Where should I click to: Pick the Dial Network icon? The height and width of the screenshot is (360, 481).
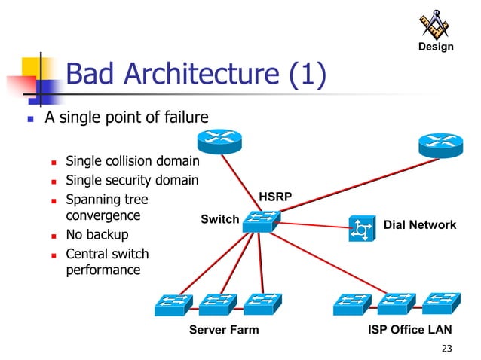click(x=360, y=228)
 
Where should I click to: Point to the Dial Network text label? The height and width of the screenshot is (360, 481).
click(x=420, y=224)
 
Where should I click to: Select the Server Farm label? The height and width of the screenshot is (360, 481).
click(x=224, y=330)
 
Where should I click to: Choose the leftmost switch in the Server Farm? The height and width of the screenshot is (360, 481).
click(x=173, y=304)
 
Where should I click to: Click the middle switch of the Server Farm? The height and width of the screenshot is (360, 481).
click(x=217, y=304)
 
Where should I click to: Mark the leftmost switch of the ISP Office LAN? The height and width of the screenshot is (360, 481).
click(x=351, y=304)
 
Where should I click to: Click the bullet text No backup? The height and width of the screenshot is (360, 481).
click(x=97, y=234)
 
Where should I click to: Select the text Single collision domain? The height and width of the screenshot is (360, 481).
click(x=132, y=161)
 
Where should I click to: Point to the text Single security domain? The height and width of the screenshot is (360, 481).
click(x=132, y=180)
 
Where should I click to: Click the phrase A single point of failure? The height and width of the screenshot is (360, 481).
click(x=126, y=117)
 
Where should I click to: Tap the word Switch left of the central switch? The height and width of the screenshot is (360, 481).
click(x=219, y=219)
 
